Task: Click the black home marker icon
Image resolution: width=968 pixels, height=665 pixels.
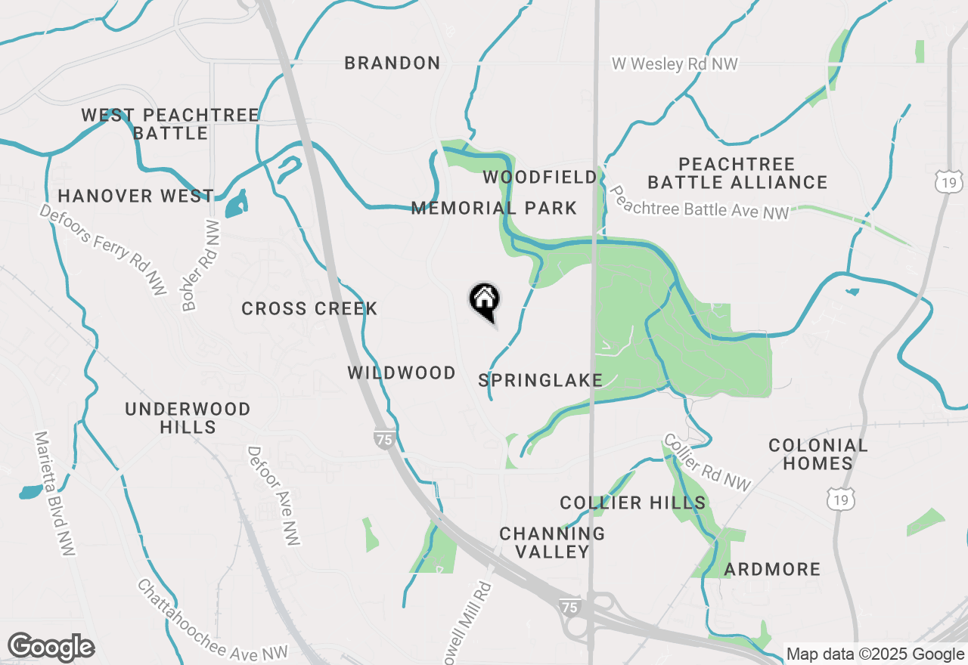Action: [484, 300]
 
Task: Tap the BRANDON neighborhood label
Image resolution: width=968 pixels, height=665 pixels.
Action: [392, 63]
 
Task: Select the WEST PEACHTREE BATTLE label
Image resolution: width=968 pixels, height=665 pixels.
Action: [170, 125]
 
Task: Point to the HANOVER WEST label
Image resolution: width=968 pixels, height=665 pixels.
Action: [135, 196]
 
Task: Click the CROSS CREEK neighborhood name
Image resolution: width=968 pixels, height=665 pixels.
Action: [309, 309]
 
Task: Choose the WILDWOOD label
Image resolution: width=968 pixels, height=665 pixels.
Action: [402, 373]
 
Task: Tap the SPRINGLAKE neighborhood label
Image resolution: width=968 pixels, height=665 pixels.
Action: [541, 380]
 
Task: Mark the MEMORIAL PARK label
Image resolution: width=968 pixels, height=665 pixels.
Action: [494, 209]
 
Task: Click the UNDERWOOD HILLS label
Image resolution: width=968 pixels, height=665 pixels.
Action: [188, 418]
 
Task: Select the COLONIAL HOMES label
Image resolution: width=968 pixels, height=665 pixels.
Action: [818, 454]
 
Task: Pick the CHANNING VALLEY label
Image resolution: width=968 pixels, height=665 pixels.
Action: [552, 543]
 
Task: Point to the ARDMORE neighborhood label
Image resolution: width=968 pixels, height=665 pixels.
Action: [772, 570]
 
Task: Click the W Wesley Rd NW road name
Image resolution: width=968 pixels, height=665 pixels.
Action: [675, 64]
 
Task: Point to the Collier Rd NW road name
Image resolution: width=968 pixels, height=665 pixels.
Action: [708, 462]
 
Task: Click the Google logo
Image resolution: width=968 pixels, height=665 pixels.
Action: [51, 647]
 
